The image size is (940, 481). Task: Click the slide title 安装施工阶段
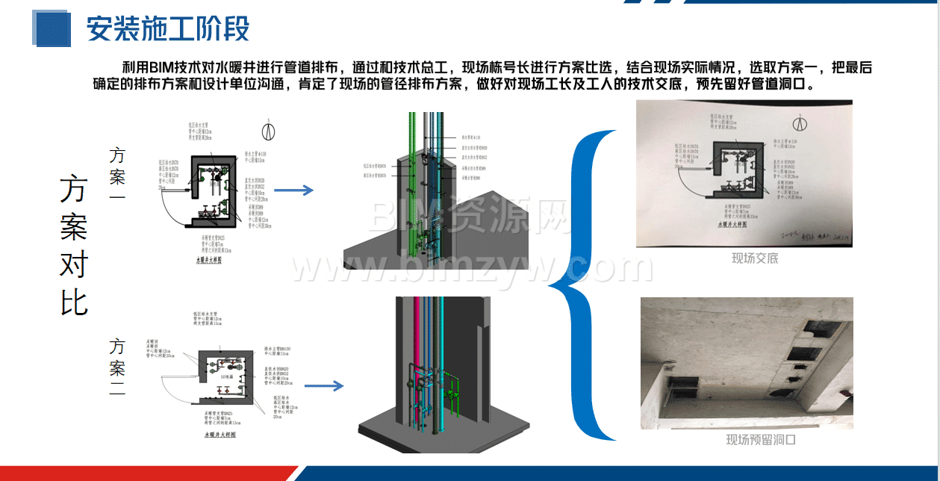click(x=167, y=29)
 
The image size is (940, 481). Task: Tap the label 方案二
click(x=117, y=367)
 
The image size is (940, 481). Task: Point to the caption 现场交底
click(x=754, y=258)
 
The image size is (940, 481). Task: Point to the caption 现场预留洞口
click(x=761, y=440)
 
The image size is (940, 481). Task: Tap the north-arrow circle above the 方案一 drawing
click(x=268, y=129)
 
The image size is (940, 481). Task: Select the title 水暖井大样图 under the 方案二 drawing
click(x=220, y=434)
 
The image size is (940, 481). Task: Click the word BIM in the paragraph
click(x=161, y=66)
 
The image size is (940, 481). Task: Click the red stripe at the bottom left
click(x=142, y=474)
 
